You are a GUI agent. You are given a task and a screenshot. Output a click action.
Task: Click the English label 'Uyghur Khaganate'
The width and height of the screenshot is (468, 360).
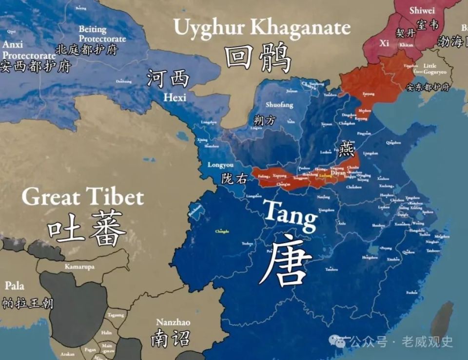point(262,28)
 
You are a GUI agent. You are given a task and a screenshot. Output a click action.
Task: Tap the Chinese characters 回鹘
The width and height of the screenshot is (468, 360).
point(258,57)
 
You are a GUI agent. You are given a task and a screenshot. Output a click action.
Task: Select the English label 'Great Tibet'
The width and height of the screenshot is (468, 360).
point(83,197)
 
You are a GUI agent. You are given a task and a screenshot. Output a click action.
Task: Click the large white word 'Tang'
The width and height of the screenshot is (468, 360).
point(290,213)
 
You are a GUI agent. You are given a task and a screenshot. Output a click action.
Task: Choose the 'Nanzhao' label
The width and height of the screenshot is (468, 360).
point(173,322)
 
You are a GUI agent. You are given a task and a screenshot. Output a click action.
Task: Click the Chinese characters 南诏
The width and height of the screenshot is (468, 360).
point(170,339)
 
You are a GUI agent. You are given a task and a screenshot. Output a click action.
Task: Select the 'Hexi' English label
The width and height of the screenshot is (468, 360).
point(175,98)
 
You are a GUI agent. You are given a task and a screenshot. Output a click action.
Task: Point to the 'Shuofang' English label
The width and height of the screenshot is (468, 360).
point(279,105)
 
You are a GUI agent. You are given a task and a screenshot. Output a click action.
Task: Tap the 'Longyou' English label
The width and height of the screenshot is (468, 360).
point(220,165)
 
